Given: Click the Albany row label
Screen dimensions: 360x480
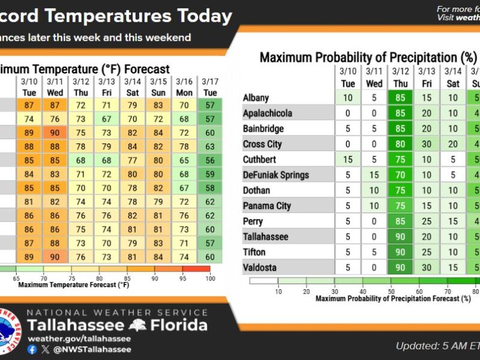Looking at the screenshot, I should (256, 97).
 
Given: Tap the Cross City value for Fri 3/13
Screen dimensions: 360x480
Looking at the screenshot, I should (427, 144).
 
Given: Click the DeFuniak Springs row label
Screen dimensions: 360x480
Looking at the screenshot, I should (276, 175).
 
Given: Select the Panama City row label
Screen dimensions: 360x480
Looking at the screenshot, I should (267, 206).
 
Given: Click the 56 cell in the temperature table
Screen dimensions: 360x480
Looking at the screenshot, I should (209, 160).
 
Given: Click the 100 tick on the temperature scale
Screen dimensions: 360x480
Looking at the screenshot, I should (209, 279).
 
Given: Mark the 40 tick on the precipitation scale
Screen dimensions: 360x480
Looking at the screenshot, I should (362, 291).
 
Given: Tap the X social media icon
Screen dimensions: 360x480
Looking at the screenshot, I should (46, 349).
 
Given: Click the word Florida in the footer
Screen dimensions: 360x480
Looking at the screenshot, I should (179, 326).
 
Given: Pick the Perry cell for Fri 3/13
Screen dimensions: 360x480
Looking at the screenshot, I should (427, 221).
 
